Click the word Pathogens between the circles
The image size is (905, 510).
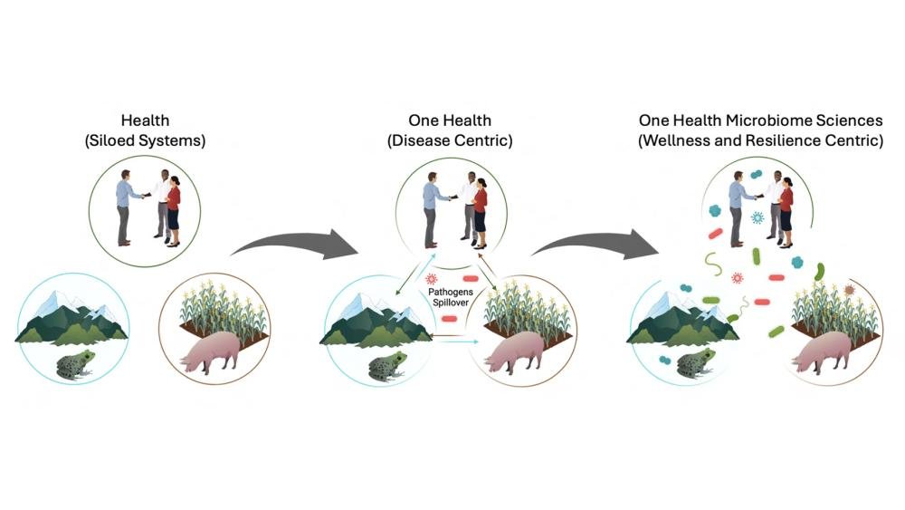pyautogui.click(x=450, y=293)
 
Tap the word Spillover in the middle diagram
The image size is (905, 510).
pyautogui.click(x=451, y=302)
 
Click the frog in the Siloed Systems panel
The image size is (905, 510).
pyautogui.click(x=76, y=364)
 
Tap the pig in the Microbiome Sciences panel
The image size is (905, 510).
pyautogui.click(x=822, y=352)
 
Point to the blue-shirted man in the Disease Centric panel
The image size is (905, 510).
pyautogui.click(x=431, y=210)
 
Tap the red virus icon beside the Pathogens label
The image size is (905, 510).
pyautogui.click(x=431, y=280)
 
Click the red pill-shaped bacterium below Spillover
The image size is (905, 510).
pyautogui.click(x=449, y=318)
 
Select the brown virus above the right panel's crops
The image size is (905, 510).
pyautogui.click(x=849, y=290)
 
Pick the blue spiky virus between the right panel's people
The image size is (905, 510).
pyautogui.click(x=757, y=217)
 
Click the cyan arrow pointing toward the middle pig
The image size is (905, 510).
pyautogui.click(x=457, y=342)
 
